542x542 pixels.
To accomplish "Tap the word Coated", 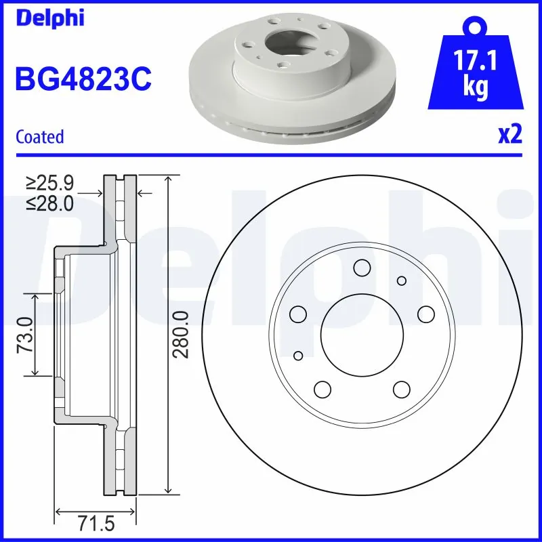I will point(39,137).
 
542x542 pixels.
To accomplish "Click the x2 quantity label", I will point(509,135).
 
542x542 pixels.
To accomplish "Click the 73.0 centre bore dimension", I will point(26,335).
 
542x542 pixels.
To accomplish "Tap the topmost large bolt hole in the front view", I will point(361,269).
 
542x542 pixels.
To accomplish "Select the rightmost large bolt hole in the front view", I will point(425,314).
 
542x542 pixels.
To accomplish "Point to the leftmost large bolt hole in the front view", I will point(297,314).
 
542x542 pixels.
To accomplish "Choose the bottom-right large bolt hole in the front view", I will point(402,389).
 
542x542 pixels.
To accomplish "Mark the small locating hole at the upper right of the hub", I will point(401,280).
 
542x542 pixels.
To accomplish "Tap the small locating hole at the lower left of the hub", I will point(298,355).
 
